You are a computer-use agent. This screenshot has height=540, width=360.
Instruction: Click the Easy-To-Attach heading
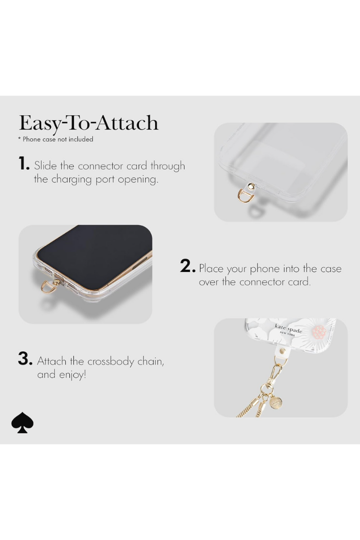coord(89,123)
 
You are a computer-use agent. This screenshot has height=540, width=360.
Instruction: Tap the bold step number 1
coord(24,164)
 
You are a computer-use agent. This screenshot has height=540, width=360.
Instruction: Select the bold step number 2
coord(187,266)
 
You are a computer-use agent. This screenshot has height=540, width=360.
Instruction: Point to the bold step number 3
coord(25,359)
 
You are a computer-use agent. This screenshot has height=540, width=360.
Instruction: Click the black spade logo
coord(22,423)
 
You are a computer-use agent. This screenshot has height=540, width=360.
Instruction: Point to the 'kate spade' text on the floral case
coord(288,328)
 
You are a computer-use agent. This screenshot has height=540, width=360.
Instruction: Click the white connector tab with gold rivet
coord(282,351)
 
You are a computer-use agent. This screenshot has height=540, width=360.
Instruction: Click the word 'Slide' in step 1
coord(45,166)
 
